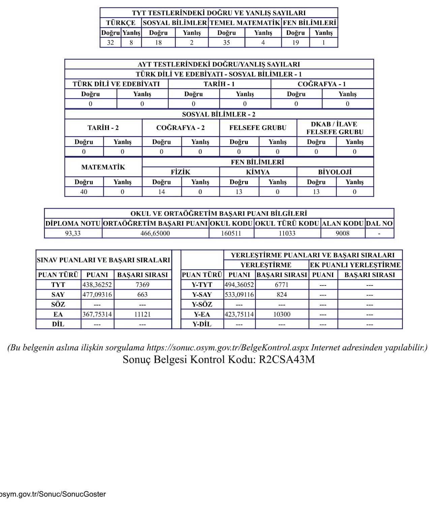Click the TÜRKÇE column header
(121, 23)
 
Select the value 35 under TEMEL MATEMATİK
(226, 43)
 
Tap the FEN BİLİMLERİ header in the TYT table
(309, 23)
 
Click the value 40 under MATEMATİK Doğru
(84, 192)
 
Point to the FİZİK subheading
(180, 172)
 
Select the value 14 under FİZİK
(161, 192)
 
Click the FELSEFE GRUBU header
(258, 128)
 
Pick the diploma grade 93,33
(73, 233)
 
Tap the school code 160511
(231, 233)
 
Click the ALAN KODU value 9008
(343, 233)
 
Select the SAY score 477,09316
(97, 295)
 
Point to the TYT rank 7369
(142, 285)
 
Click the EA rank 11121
(142, 314)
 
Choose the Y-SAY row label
(202, 295)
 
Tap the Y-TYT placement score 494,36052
(239, 285)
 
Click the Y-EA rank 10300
(281, 314)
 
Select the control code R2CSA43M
(287, 359)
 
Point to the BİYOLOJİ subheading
(335, 172)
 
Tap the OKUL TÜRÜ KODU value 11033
(287, 233)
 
